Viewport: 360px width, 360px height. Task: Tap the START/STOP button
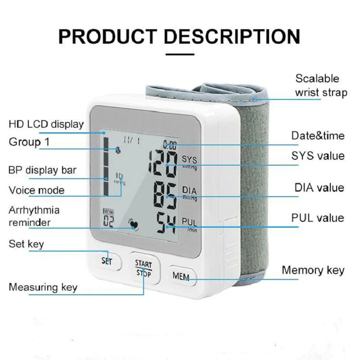click(144, 268)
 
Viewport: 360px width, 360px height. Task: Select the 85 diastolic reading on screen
click(165, 193)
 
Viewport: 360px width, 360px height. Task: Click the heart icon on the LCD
click(133, 224)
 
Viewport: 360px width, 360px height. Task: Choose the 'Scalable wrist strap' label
click(321, 85)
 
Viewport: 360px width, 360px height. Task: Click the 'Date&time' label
click(318, 135)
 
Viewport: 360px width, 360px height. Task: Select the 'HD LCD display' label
click(46, 124)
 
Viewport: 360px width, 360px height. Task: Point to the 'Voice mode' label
click(36, 190)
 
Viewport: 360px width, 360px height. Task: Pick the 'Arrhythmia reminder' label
click(34, 216)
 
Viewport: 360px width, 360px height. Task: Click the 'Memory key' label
click(313, 270)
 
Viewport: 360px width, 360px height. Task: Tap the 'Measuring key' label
click(43, 287)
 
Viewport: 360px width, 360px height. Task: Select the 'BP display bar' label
click(43, 170)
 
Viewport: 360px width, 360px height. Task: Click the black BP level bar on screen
click(106, 166)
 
